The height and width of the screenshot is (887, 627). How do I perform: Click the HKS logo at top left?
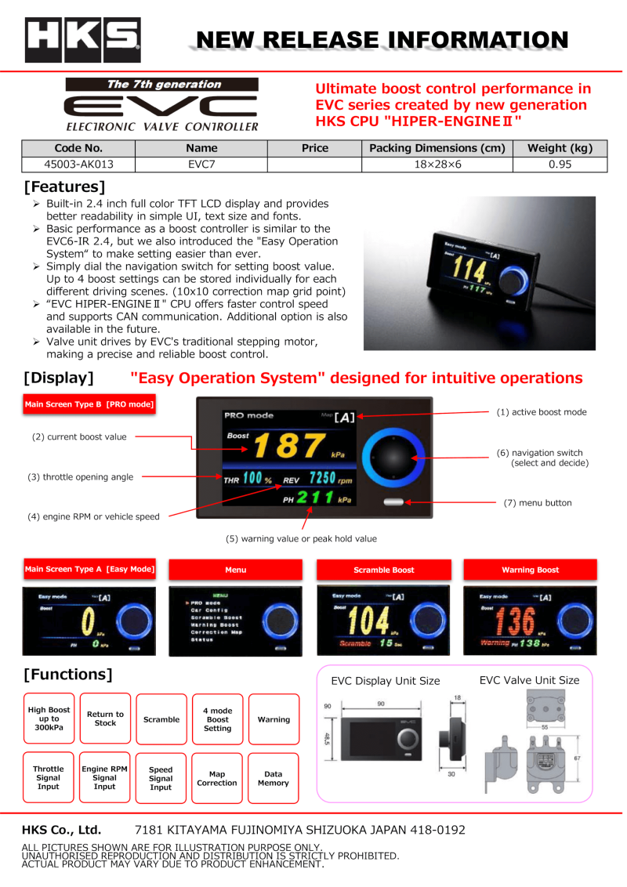click(x=82, y=40)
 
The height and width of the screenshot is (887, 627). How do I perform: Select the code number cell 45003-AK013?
click(x=78, y=164)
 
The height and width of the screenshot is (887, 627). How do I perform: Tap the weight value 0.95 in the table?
click(x=560, y=164)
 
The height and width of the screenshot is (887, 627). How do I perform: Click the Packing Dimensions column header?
click(x=437, y=148)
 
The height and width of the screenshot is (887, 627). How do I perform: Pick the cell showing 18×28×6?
click(x=437, y=164)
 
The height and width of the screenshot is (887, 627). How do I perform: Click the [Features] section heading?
click(x=64, y=187)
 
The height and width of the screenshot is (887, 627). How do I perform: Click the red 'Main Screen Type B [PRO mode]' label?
click(x=89, y=405)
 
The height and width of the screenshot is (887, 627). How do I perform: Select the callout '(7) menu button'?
click(x=537, y=503)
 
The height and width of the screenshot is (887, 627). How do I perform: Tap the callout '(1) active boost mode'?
click(x=541, y=412)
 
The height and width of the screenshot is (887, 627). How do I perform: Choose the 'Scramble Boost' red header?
click(x=383, y=570)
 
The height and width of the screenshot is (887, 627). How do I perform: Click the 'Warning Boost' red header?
click(x=531, y=570)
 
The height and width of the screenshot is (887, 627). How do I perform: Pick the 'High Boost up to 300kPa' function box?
click(x=49, y=719)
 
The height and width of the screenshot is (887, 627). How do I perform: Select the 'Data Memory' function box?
click(x=274, y=778)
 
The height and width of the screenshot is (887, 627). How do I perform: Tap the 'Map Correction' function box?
click(x=217, y=778)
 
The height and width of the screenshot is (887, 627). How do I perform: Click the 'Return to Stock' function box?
click(x=105, y=719)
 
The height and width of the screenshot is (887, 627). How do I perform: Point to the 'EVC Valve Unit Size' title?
click(x=529, y=680)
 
